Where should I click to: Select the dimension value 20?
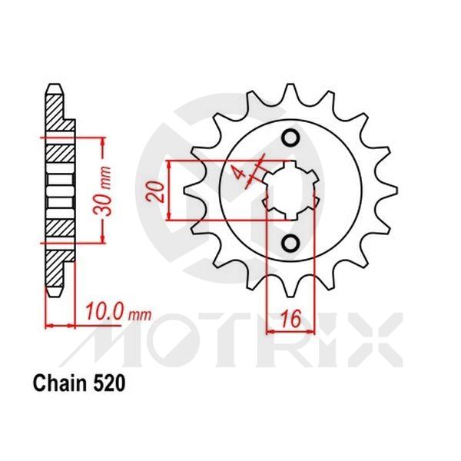(158, 191)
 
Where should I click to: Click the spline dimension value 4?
(243, 174)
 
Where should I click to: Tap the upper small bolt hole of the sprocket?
(290, 138)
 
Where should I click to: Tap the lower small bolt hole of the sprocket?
(290, 243)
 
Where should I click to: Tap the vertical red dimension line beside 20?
(169, 191)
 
